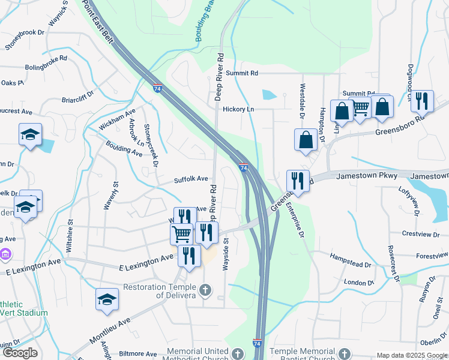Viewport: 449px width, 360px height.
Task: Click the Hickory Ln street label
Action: point(238,109)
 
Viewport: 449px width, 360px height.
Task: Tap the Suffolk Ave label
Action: point(191,179)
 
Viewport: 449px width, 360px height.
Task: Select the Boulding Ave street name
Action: point(124,148)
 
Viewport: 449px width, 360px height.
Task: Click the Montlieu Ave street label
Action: point(110,331)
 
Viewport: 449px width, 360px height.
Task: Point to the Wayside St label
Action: point(227,254)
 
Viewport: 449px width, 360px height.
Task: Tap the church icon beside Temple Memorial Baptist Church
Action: point(344,353)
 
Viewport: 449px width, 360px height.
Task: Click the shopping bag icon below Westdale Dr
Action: point(306,140)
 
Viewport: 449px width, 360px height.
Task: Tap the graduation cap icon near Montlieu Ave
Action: point(107,299)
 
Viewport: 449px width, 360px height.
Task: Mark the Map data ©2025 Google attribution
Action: point(412,355)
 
